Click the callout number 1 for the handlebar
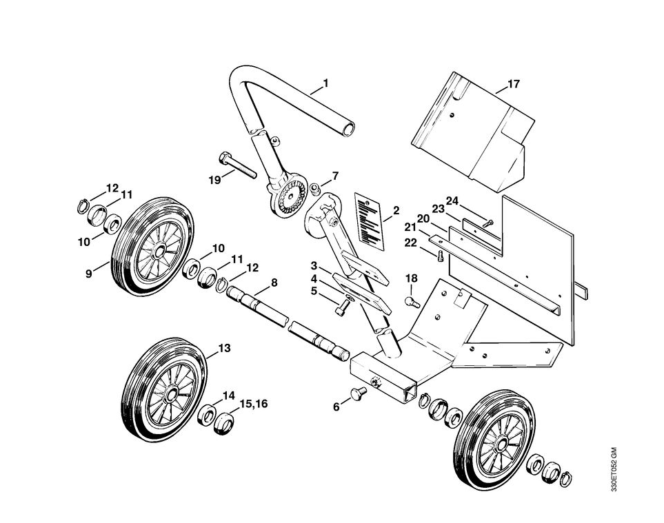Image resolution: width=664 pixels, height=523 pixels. [x=325, y=83]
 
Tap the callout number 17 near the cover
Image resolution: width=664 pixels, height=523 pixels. [x=513, y=85]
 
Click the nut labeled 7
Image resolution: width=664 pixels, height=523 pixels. [x=314, y=188]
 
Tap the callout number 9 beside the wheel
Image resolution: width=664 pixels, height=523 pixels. [x=89, y=274]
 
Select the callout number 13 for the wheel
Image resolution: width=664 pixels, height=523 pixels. [x=225, y=349]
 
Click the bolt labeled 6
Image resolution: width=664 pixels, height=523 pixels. [x=356, y=394]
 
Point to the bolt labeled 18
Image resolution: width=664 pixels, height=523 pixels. [x=412, y=300]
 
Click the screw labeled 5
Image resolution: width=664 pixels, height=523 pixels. [x=341, y=309]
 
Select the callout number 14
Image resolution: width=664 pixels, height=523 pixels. [x=229, y=396]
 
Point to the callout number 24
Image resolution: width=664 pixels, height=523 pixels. [x=452, y=201]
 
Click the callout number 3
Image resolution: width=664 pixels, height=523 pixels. [x=314, y=265]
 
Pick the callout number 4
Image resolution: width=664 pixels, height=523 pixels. [x=314, y=279]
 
